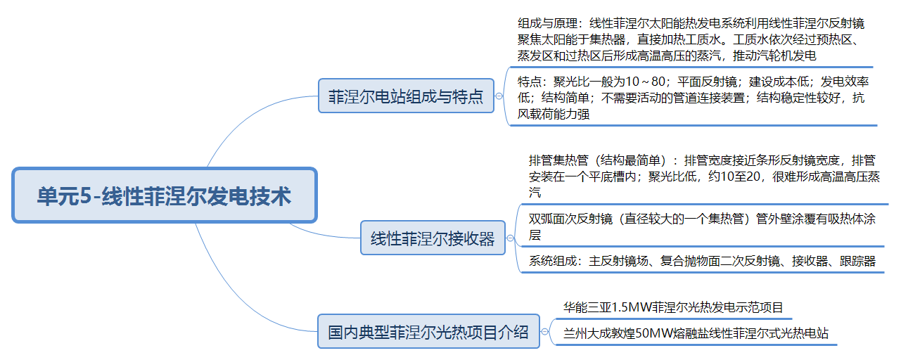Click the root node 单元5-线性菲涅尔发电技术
165,195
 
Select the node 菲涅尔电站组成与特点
406,96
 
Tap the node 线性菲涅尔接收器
432,239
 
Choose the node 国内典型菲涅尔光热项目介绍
428,331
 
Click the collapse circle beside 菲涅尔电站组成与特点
499,96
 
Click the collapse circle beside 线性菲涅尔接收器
511,239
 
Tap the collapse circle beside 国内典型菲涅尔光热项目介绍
544,331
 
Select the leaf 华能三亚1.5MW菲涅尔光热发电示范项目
673,308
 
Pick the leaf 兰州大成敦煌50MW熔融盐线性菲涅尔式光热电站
696,333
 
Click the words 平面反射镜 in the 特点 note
704,82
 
